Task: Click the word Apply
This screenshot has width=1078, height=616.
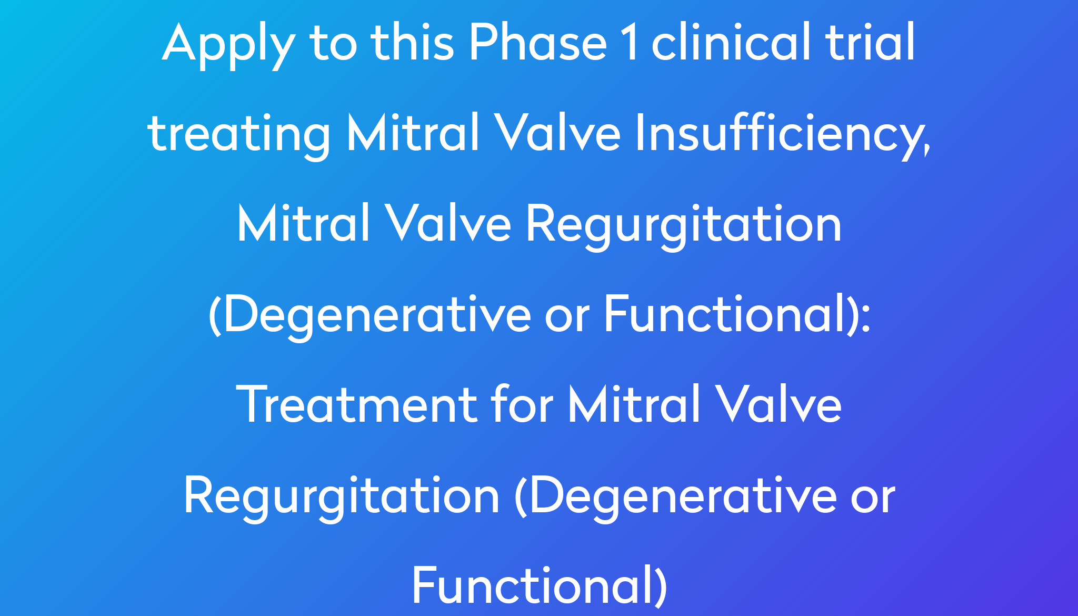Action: pos(227,45)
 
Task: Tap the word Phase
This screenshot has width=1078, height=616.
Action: pos(538,42)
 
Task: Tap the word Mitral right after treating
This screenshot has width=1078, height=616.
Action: pos(413,133)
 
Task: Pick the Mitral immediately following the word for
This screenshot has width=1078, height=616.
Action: pos(634,403)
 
